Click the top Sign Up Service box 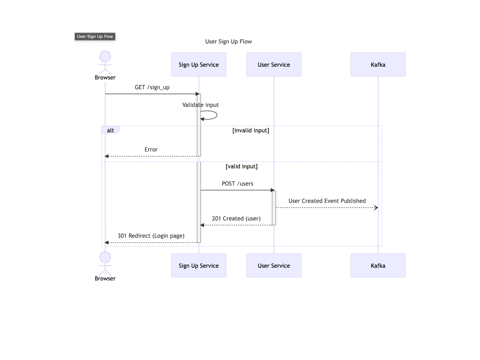199,64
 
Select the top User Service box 274,64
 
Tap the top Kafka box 378,64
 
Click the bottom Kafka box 378,265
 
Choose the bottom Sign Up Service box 199,265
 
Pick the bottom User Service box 274,265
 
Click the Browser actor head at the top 105,57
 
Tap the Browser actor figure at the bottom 105,262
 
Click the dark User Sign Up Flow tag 95,36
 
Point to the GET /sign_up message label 152,87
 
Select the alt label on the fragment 110,130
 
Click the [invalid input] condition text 250,130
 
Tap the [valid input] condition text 241,166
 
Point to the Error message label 151,150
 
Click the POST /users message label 237,184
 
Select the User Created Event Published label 327,201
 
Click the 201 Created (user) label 236,219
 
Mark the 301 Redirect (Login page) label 151,236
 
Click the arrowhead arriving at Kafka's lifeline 376,208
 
